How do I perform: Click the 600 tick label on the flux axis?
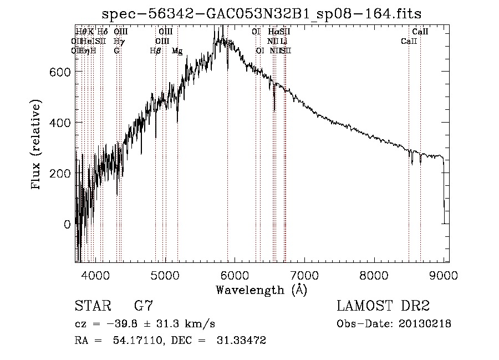pyautogui.click(x=62, y=72)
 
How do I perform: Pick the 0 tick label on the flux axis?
pyautogui.click(x=68, y=224)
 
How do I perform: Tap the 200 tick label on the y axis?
pyautogui.click(x=62, y=173)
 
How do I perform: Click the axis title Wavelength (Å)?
pyautogui.click(x=261, y=290)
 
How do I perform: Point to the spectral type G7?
pyautogui.click(x=144, y=306)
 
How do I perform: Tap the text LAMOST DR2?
pyautogui.click(x=383, y=306)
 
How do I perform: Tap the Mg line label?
pyautogui.click(x=177, y=51)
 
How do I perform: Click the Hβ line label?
pyautogui.click(x=155, y=50)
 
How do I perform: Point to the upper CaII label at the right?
pyautogui.click(x=420, y=32)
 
